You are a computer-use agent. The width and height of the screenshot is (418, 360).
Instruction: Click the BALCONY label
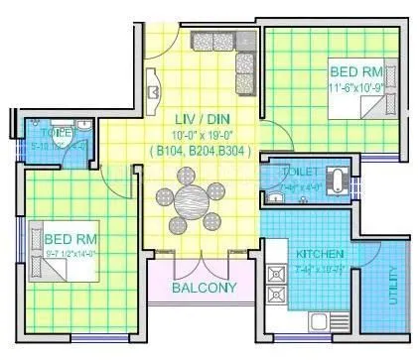coord(204,289)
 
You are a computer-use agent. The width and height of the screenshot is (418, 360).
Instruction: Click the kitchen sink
coord(324,321)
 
